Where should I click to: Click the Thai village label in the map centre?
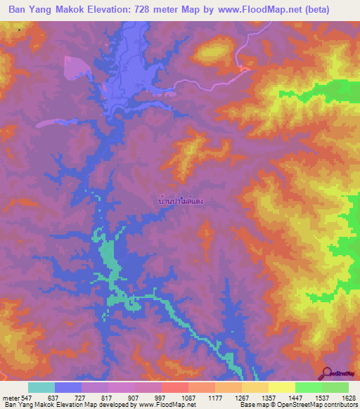[x=182, y=200]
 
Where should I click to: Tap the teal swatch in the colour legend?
[x=41, y=387]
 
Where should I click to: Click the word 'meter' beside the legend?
[x=10, y=398]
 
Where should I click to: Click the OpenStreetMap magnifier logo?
[x=326, y=373]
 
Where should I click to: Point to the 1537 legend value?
[x=308, y=398]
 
